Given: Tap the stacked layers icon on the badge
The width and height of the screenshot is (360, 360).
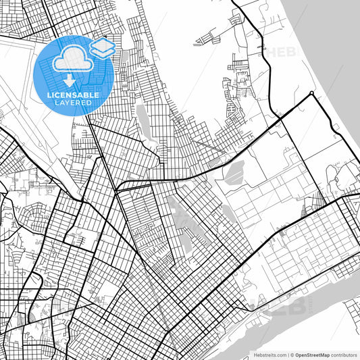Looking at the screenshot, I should click(102, 47).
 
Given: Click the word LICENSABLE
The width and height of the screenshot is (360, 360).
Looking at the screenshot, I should click(74, 95).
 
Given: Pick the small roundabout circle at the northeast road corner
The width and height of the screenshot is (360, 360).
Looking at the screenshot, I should click(311, 93).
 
